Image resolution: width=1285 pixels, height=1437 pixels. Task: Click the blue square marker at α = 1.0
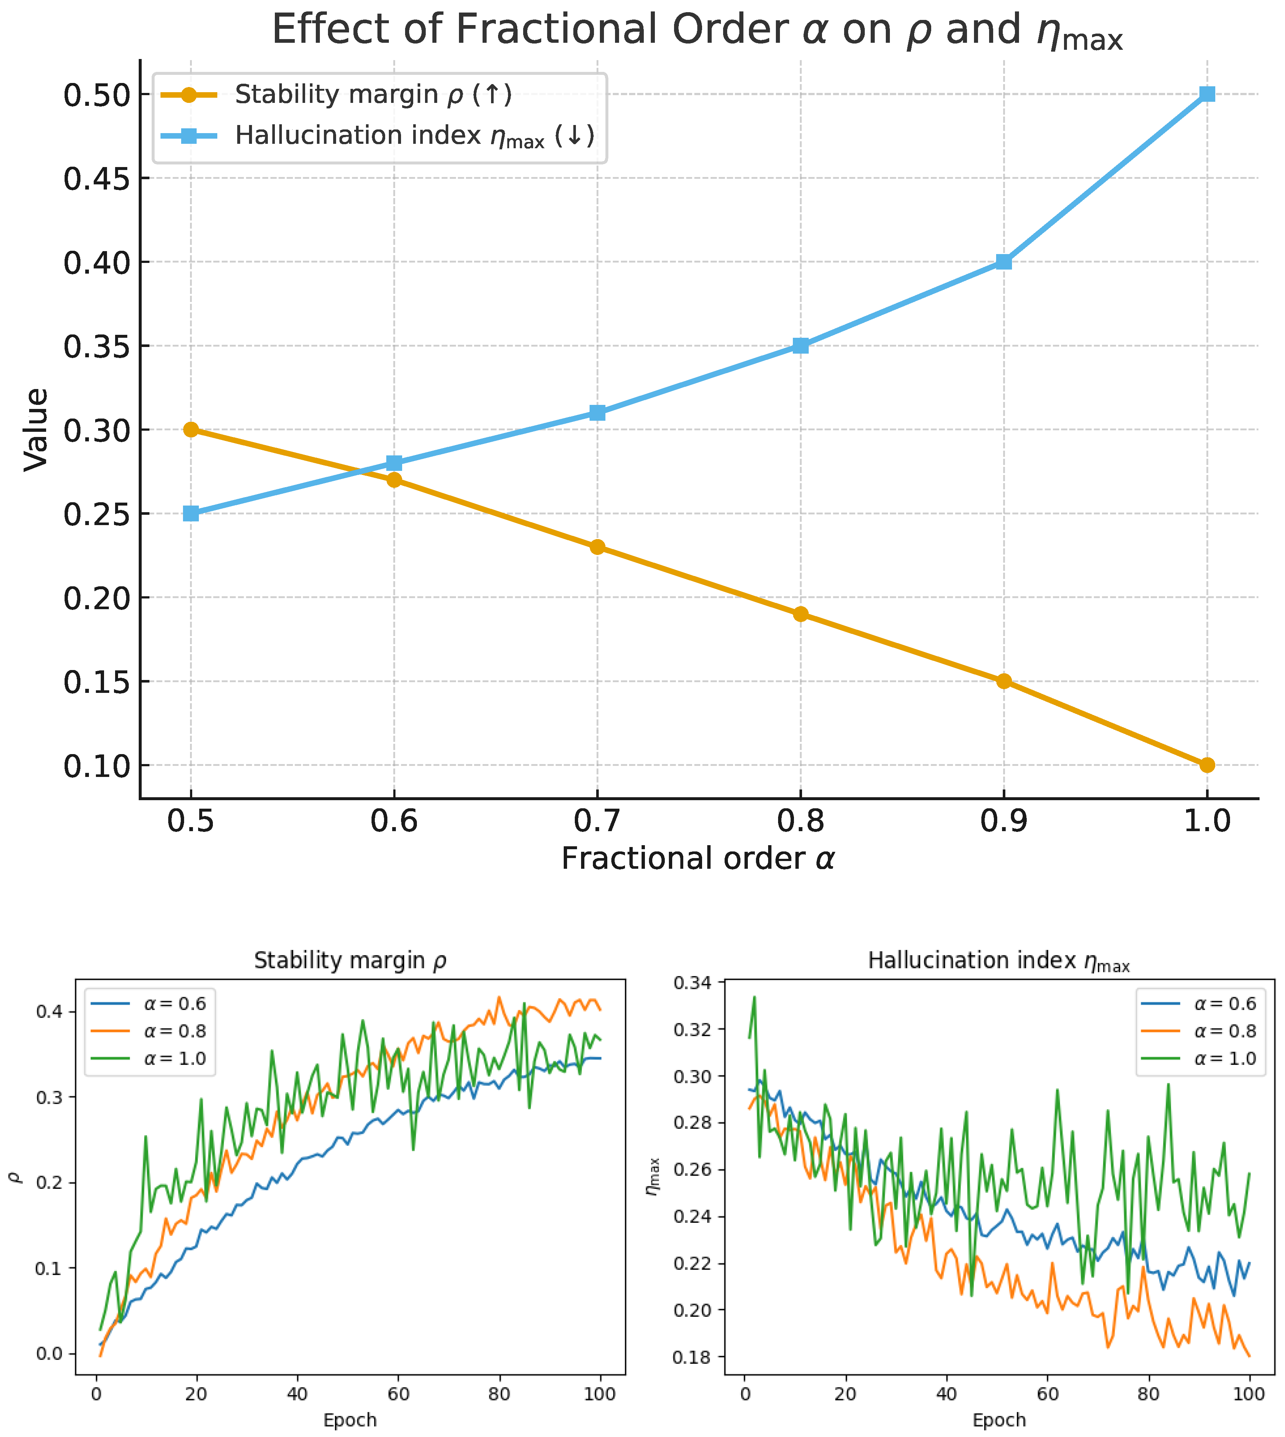(x=1207, y=94)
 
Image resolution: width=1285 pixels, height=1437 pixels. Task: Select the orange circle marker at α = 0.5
(x=191, y=429)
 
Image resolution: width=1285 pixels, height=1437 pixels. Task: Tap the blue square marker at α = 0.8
(x=800, y=345)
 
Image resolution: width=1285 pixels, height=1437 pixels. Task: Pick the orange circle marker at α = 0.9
(x=1003, y=681)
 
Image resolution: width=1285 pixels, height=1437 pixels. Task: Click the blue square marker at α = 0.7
(x=597, y=412)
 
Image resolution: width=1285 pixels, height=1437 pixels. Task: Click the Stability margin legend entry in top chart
(x=373, y=94)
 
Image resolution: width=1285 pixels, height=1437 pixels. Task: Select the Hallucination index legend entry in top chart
(x=414, y=135)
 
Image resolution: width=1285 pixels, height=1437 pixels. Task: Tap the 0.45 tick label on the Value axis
(x=97, y=178)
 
